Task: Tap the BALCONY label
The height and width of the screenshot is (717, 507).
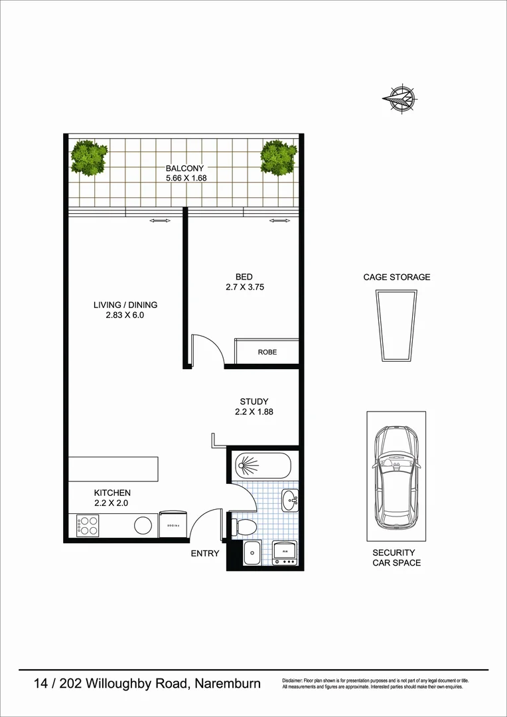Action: point(184,169)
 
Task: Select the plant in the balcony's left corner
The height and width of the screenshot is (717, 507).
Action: point(89,157)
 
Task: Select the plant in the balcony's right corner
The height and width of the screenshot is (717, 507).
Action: point(279,157)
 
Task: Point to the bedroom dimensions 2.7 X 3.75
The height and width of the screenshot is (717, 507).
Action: point(245,287)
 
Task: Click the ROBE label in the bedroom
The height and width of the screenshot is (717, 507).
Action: point(267,352)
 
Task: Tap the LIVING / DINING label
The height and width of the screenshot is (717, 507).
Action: point(125,305)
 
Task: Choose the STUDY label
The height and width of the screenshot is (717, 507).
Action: point(254,402)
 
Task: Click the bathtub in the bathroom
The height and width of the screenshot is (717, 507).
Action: point(263,465)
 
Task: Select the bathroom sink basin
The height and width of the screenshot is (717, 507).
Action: point(289,500)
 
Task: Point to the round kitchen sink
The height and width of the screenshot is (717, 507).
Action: point(143,526)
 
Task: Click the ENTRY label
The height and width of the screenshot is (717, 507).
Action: point(204,553)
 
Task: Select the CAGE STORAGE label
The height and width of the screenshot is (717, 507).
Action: point(396,278)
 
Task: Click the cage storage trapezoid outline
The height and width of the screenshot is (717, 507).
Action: point(396,327)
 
